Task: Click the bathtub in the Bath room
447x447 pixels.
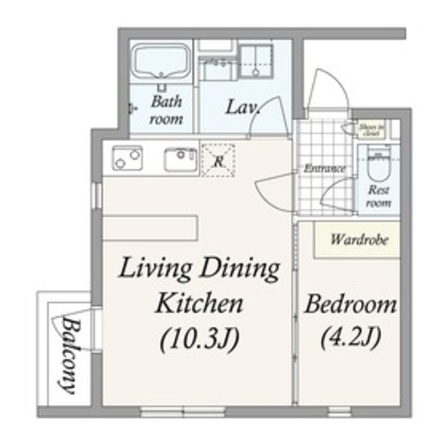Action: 161,64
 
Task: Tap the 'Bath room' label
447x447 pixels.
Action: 166,110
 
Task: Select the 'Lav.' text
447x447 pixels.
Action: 242,108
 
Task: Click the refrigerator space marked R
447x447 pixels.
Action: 218,160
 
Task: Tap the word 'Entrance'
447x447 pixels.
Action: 324,168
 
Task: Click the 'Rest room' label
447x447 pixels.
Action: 379,196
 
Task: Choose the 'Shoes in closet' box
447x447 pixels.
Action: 368,129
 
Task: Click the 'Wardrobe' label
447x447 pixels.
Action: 356,240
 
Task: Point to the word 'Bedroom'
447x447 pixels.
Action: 351,305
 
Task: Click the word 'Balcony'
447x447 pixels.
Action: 68,356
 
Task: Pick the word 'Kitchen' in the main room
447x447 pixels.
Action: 199,304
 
